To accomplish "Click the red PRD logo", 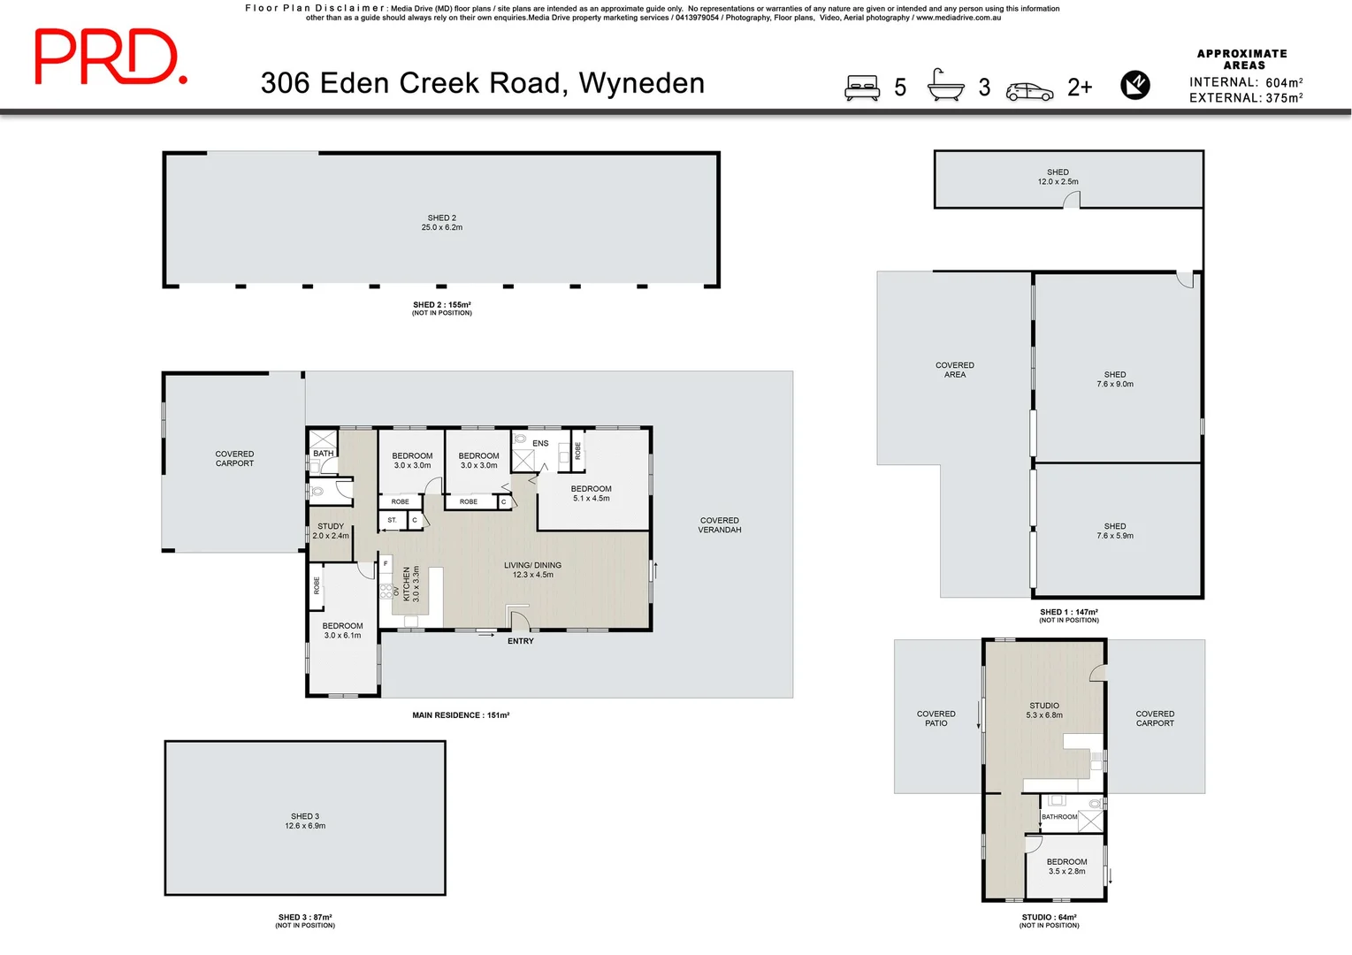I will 110,57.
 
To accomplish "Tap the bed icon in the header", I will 862,88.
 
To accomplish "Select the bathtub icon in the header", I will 945,86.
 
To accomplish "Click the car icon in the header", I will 1030,91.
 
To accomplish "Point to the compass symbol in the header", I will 1135,85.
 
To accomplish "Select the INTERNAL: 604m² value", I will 1246,82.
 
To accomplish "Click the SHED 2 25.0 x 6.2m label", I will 442,223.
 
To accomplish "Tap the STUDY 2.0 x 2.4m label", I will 331,531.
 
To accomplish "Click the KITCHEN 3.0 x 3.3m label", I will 411,584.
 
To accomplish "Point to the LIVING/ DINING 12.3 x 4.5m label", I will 532,569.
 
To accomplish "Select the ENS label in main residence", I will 540,443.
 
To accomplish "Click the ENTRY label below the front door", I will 521,641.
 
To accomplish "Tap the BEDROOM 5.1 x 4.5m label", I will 591,493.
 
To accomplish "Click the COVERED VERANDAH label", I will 720,525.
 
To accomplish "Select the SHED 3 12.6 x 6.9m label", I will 305,821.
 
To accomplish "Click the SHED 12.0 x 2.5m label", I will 1058,177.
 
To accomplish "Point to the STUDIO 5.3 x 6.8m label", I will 1044,710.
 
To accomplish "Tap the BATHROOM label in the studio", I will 1058,817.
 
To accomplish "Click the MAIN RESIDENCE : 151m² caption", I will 461,715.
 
